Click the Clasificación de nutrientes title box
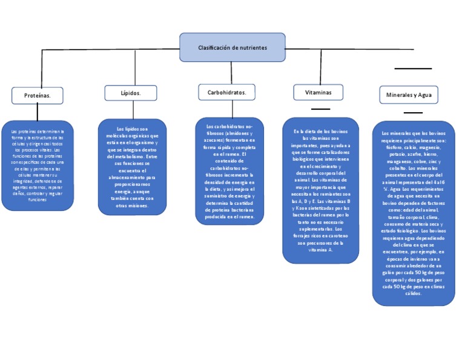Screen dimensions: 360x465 pos(232,47)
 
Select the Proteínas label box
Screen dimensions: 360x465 pos(37,95)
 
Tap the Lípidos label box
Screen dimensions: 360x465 pos(131,93)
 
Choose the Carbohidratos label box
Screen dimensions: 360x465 pos(226,92)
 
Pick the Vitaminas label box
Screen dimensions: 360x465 pos(318,92)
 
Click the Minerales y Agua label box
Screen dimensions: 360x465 pos(409,95)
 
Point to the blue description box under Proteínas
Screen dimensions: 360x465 pos(37,164)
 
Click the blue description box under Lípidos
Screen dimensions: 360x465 pos(132,166)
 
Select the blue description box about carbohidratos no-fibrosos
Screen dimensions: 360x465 pos(229,171)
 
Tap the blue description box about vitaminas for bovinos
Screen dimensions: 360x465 pos(320,190)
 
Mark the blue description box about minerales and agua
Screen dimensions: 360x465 pos(414,213)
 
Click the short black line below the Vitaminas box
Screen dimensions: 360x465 pos(320,108)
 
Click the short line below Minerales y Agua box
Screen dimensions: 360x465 pos(413,112)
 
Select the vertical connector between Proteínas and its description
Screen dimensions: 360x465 pos(38,112)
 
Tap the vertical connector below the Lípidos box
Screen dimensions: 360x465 pos(133,110)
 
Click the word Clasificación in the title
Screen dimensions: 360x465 pos(215,47)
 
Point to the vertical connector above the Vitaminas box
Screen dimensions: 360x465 pos(321,67)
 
